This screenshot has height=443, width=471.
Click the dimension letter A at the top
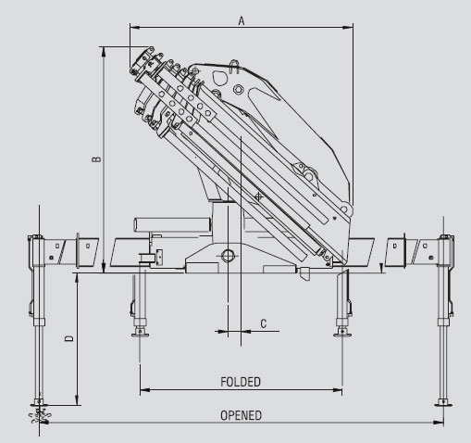242,21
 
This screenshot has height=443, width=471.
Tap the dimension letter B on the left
96,158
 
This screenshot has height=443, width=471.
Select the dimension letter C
263,323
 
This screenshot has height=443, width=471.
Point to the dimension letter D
69,338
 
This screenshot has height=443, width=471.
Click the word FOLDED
241,382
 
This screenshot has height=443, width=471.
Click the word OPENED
241,415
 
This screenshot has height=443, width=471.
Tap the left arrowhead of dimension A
135,28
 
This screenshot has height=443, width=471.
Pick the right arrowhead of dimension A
348,28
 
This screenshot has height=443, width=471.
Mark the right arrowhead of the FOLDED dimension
337,390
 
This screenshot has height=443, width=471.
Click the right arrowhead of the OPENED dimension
439,423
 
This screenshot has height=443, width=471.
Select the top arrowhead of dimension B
104,52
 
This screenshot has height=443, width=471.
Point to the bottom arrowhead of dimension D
77,400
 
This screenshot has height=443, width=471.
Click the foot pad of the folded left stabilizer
140,334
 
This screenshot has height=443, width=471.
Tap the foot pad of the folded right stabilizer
342,334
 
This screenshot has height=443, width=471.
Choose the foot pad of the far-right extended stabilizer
443,403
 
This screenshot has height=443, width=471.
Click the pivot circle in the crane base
228,256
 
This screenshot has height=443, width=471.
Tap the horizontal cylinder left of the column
172,224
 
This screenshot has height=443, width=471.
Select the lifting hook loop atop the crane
235,67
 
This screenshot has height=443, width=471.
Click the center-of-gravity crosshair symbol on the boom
258,196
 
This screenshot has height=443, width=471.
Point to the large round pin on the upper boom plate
238,90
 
